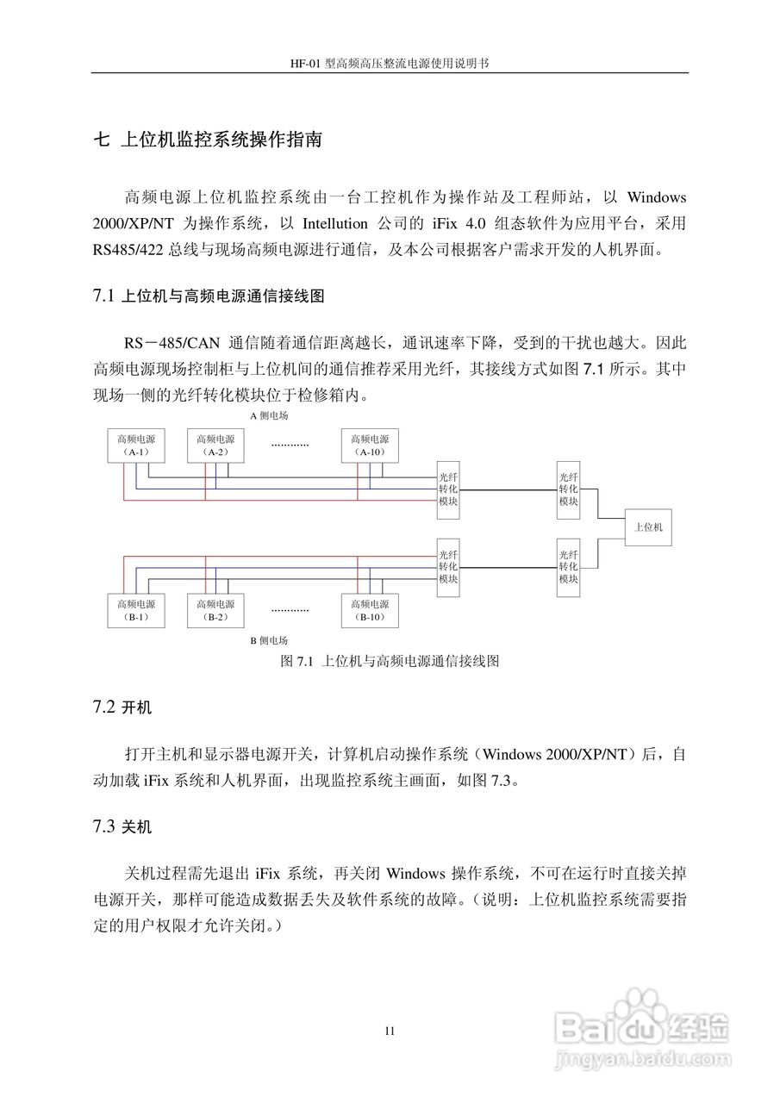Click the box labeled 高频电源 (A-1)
tap(134, 446)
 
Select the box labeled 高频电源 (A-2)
tap(215, 446)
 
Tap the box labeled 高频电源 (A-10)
tap(370, 446)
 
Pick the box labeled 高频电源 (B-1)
tap(134, 610)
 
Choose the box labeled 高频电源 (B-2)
tap(215, 610)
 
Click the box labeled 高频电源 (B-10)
tap(370, 610)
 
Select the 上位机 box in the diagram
tap(649, 527)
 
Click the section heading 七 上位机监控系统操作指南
tap(207, 140)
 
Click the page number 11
tap(390, 1031)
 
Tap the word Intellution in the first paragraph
tap(335, 224)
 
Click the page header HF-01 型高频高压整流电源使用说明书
tap(390, 64)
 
